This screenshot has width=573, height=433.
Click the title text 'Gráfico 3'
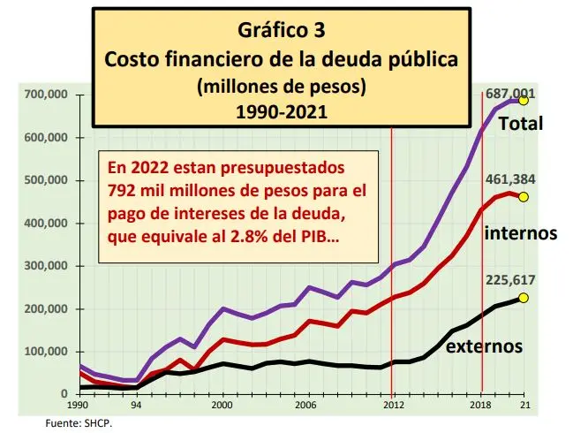click(x=281, y=30)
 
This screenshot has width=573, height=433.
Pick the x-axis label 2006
click(x=305, y=405)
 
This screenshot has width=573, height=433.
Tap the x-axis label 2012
click(x=392, y=405)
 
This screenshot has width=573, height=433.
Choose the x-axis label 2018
click(x=480, y=405)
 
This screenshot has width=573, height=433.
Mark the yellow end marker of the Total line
click(x=523, y=101)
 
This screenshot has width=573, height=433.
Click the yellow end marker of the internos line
click(x=523, y=196)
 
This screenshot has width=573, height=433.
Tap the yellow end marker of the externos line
click(x=523, y=298)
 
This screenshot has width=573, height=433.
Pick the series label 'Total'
click(x=521, y=125)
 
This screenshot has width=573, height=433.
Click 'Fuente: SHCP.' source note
click(x=79, y=423)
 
